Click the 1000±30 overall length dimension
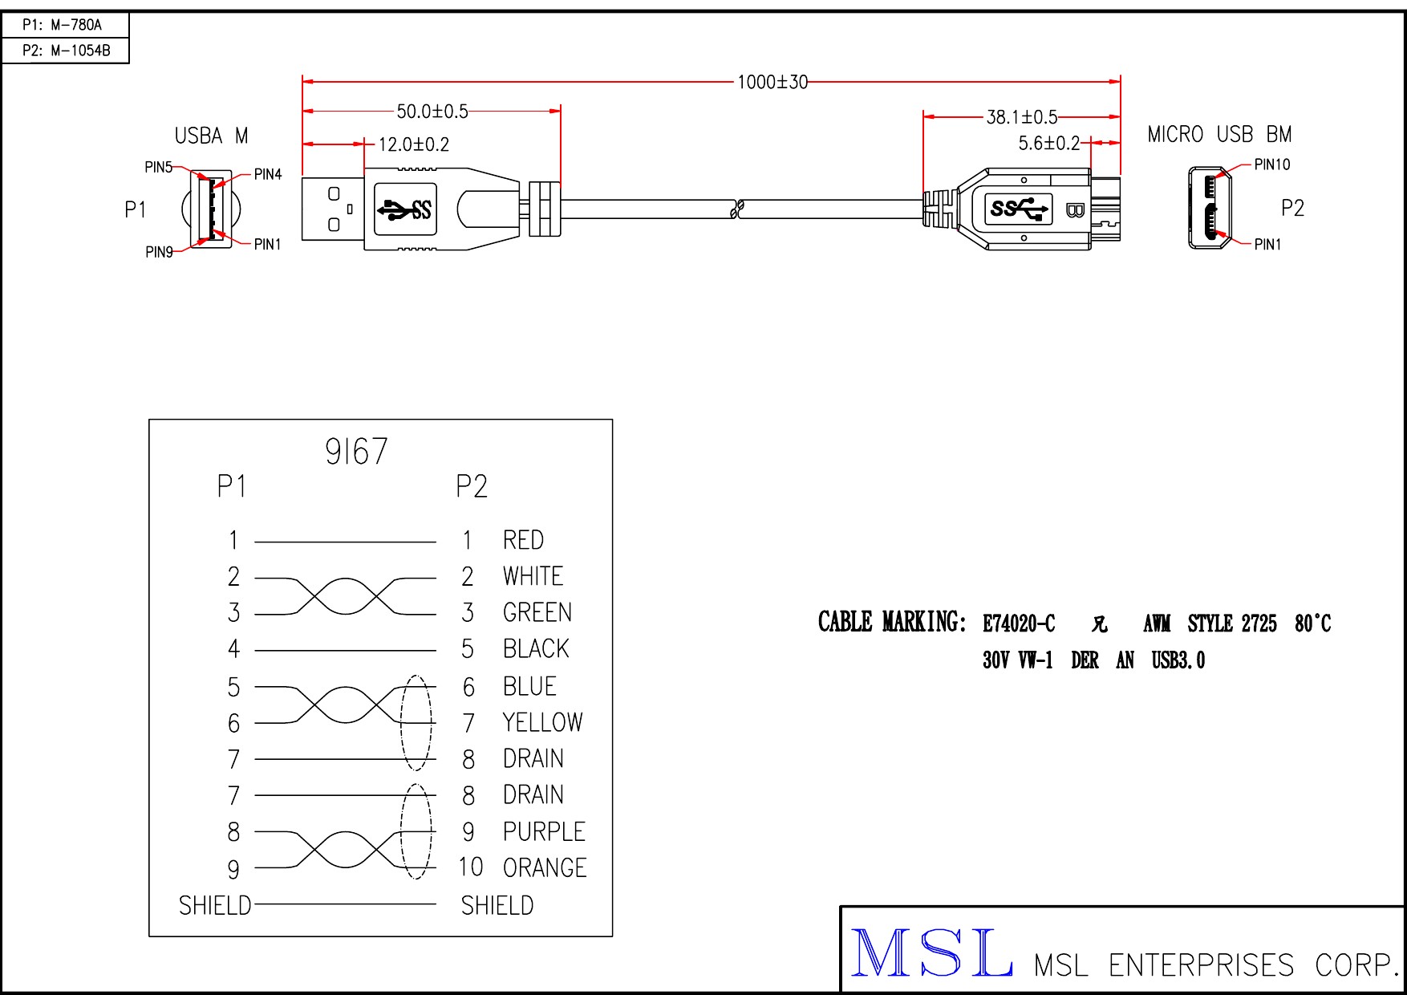coord(772,82)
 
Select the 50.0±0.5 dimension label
coord(432,112)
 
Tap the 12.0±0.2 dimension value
coord(414,144)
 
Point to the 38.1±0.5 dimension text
coord(1022,117)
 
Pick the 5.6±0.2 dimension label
coord(1049,144)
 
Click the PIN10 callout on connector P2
coord(1271,164)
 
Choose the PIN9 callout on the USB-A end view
coord(159,252)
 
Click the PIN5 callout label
coord(158,167)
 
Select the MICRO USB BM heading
coord(1219,135)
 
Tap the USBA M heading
coord(211,136)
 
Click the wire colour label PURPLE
coord(544,831)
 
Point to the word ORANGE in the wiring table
coord(545,867)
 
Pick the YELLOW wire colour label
coord(542,722)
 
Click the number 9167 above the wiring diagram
coord(356,452)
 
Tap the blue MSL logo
coord(931,953)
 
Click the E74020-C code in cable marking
coord(1019,623)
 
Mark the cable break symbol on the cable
coord(737,209)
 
